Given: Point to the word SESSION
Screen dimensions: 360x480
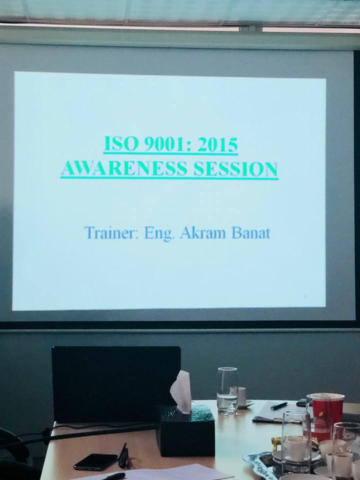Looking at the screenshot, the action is point(235,169).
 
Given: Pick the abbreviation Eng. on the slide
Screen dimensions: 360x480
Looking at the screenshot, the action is point(159,234).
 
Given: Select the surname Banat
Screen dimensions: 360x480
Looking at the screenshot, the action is point(251,233).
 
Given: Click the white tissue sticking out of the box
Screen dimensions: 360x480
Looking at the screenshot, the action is point(181,392).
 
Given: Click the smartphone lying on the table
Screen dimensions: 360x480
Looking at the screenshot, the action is point(95,461).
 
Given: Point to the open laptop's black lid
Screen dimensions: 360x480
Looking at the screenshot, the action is point(116,384).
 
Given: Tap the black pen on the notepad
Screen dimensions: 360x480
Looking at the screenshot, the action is point(279,406).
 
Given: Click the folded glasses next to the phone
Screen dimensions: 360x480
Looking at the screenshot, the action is point(123,456).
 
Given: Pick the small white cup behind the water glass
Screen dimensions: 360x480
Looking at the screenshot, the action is point(242,395).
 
